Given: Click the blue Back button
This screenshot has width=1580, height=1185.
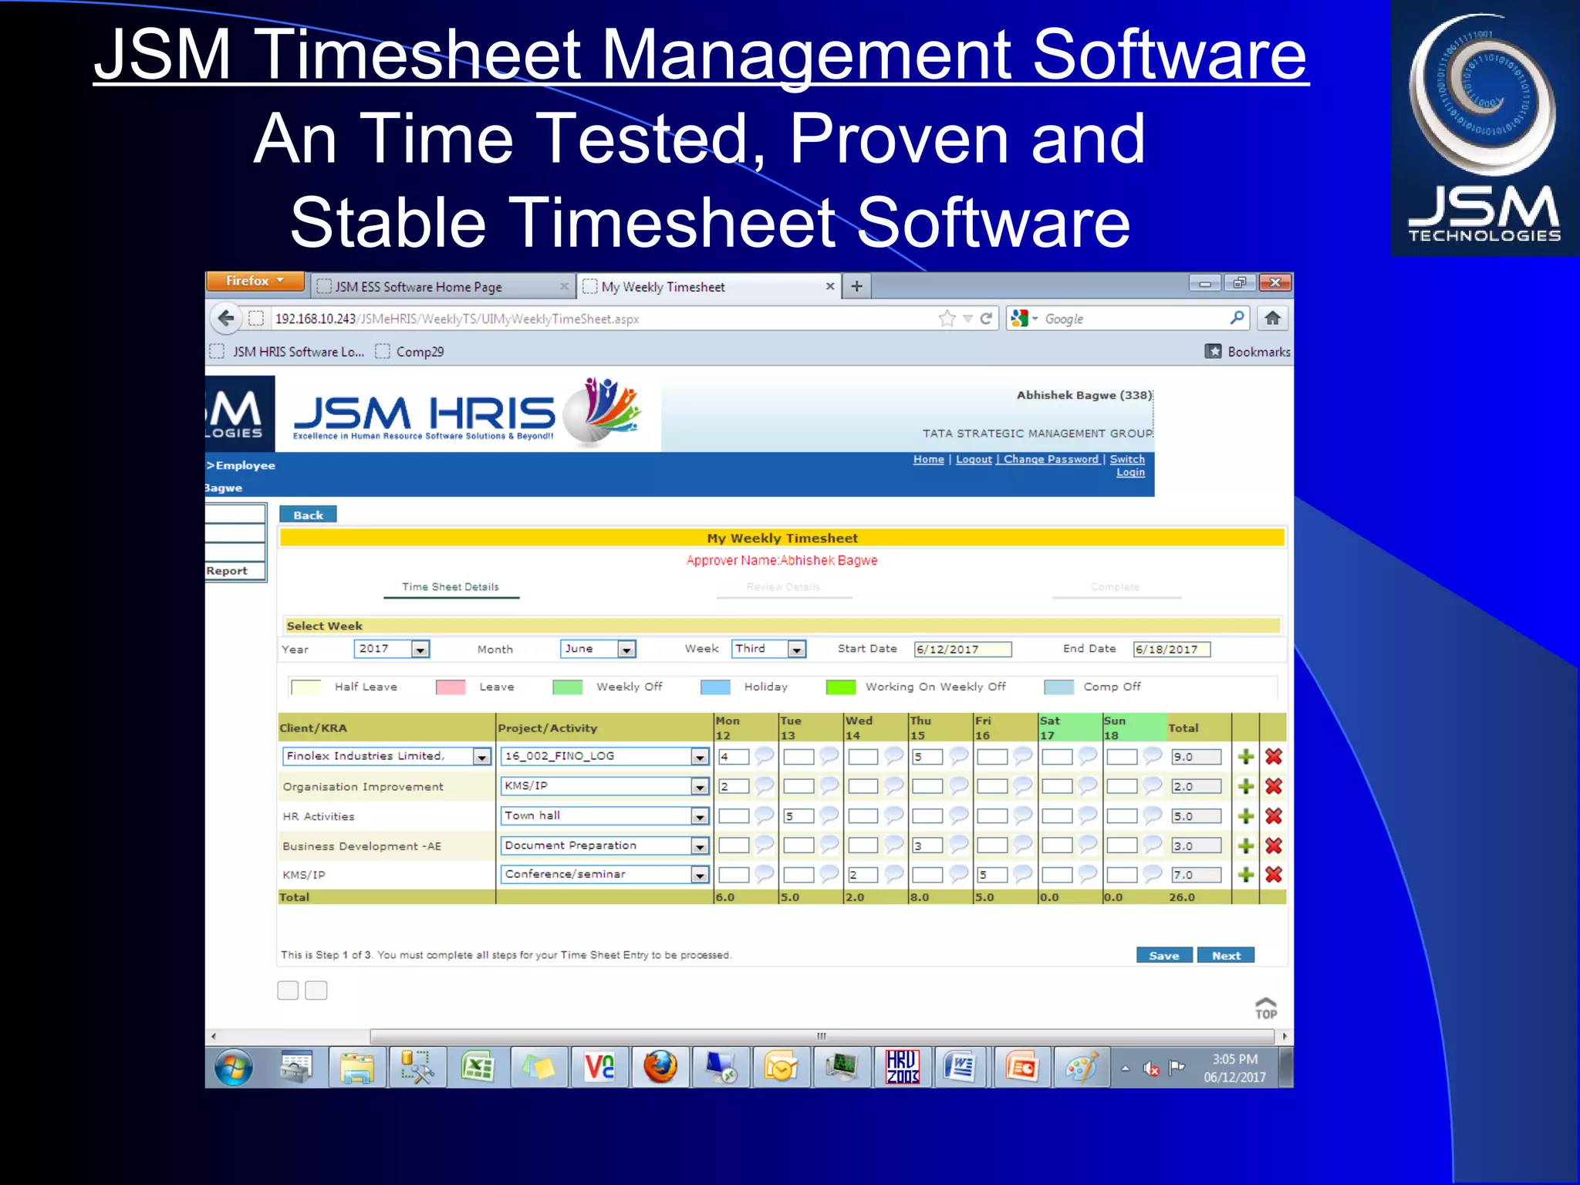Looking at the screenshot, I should (308, 515).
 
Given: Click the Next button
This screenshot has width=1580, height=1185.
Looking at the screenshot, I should (1225, 955).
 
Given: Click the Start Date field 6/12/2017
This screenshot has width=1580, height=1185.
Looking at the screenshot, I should (961, 650).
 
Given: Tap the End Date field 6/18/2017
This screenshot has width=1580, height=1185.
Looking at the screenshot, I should (1170, 650).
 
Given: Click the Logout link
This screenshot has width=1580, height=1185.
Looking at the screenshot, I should (974, 459).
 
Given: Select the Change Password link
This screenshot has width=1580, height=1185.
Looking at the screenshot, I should (1051, 459).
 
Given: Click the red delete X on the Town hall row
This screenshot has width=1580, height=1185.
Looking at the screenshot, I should (1274, 816).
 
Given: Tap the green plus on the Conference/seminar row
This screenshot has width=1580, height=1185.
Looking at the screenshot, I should (1245, 875).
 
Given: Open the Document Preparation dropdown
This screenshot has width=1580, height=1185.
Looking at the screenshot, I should (699, 846).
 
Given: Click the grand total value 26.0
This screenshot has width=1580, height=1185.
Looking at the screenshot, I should (1181, 897).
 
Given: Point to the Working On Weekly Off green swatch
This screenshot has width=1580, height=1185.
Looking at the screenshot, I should (840, 687).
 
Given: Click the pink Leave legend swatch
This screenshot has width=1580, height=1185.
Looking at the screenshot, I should (451, 687).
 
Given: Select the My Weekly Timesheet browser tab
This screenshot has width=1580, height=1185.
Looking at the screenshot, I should (663, 287).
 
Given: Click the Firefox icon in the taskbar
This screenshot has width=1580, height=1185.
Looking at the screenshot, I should (660, 1068).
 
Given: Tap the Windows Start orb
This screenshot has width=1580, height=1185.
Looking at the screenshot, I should (233, 1068).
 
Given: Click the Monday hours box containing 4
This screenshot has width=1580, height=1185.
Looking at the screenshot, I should (733, 757).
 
